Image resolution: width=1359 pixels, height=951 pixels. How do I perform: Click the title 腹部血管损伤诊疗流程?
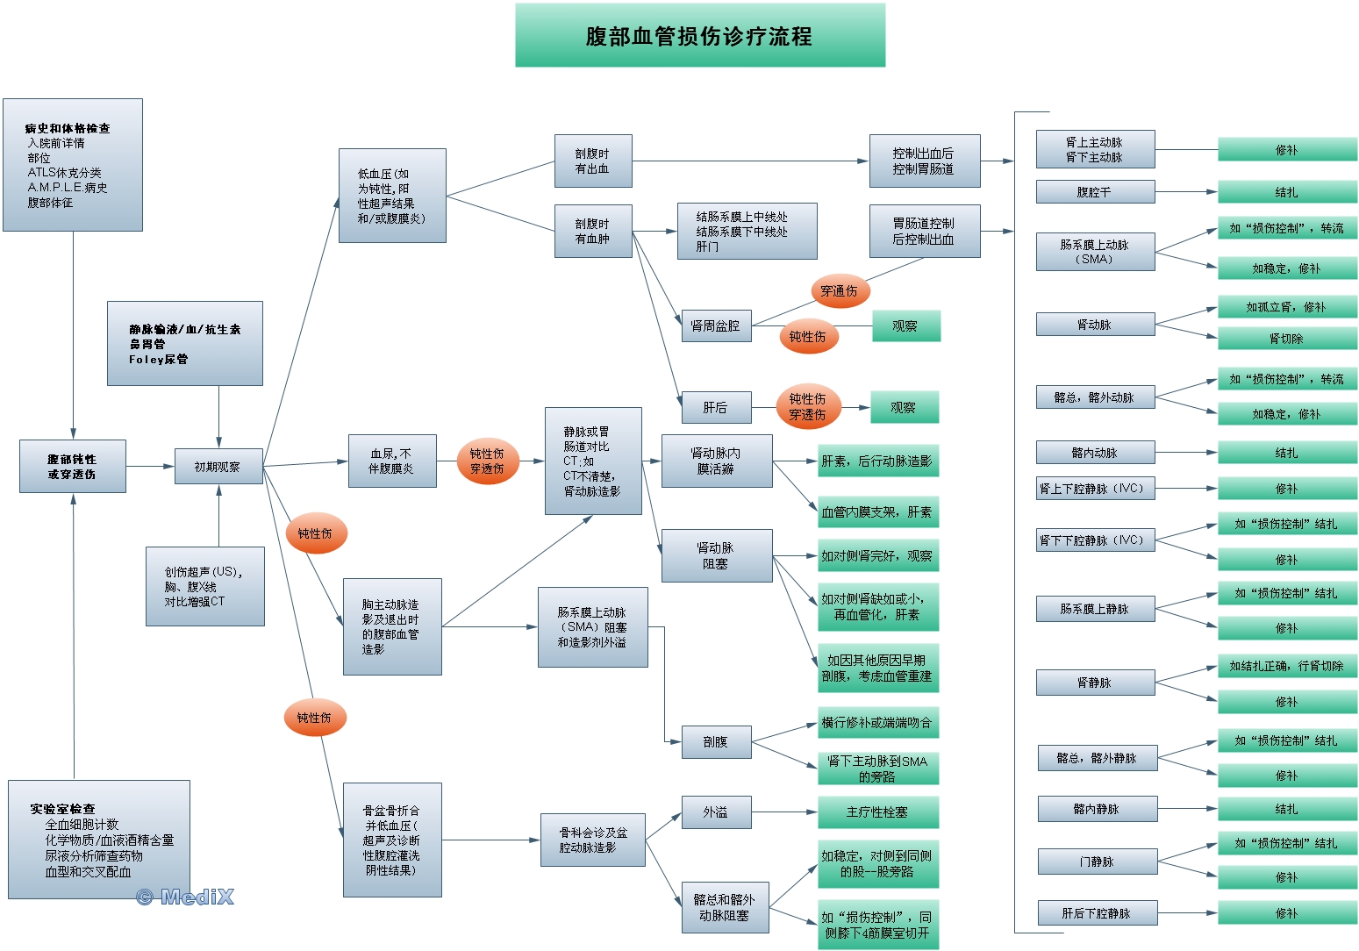tap(699, 36)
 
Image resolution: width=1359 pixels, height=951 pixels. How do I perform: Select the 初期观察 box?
tap(218, 467)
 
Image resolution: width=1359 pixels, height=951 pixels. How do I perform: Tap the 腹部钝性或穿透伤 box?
tap(73, 467)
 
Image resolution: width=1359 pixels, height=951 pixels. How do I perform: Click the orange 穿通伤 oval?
tap(839, 291)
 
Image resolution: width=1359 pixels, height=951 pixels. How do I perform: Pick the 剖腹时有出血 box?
tap(592, 161)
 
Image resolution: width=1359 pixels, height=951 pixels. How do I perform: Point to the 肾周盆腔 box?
tap(715, 326)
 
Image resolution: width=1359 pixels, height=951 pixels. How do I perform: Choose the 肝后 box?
tap(715, 408)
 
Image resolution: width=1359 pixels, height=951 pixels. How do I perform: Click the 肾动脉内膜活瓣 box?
tap(716, 461)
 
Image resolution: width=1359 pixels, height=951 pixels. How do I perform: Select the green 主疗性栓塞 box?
tap(877, 812)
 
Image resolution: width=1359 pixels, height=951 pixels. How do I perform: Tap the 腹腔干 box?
tap(1094, 192)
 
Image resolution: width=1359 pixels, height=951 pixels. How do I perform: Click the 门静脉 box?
tap(1097, 862)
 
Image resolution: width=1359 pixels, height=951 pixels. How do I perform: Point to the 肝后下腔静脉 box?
tap(1097, 913)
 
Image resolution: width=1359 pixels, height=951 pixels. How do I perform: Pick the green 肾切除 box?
tap(1286, 339)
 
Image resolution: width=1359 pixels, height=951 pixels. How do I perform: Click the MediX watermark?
tap(186, 897)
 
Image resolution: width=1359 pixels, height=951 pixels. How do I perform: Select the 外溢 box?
tap(716, 812)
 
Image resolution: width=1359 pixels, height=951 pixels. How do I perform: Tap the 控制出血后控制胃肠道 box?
tap(924, 161)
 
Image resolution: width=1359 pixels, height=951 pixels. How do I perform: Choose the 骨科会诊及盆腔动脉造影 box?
tap(593, 840)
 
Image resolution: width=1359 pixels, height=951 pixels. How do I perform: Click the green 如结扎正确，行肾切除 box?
tap(1286, 666)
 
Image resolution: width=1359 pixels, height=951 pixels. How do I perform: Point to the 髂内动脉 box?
tap(1095, 453)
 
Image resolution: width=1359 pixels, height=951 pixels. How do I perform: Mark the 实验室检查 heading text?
tap(62, 809)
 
